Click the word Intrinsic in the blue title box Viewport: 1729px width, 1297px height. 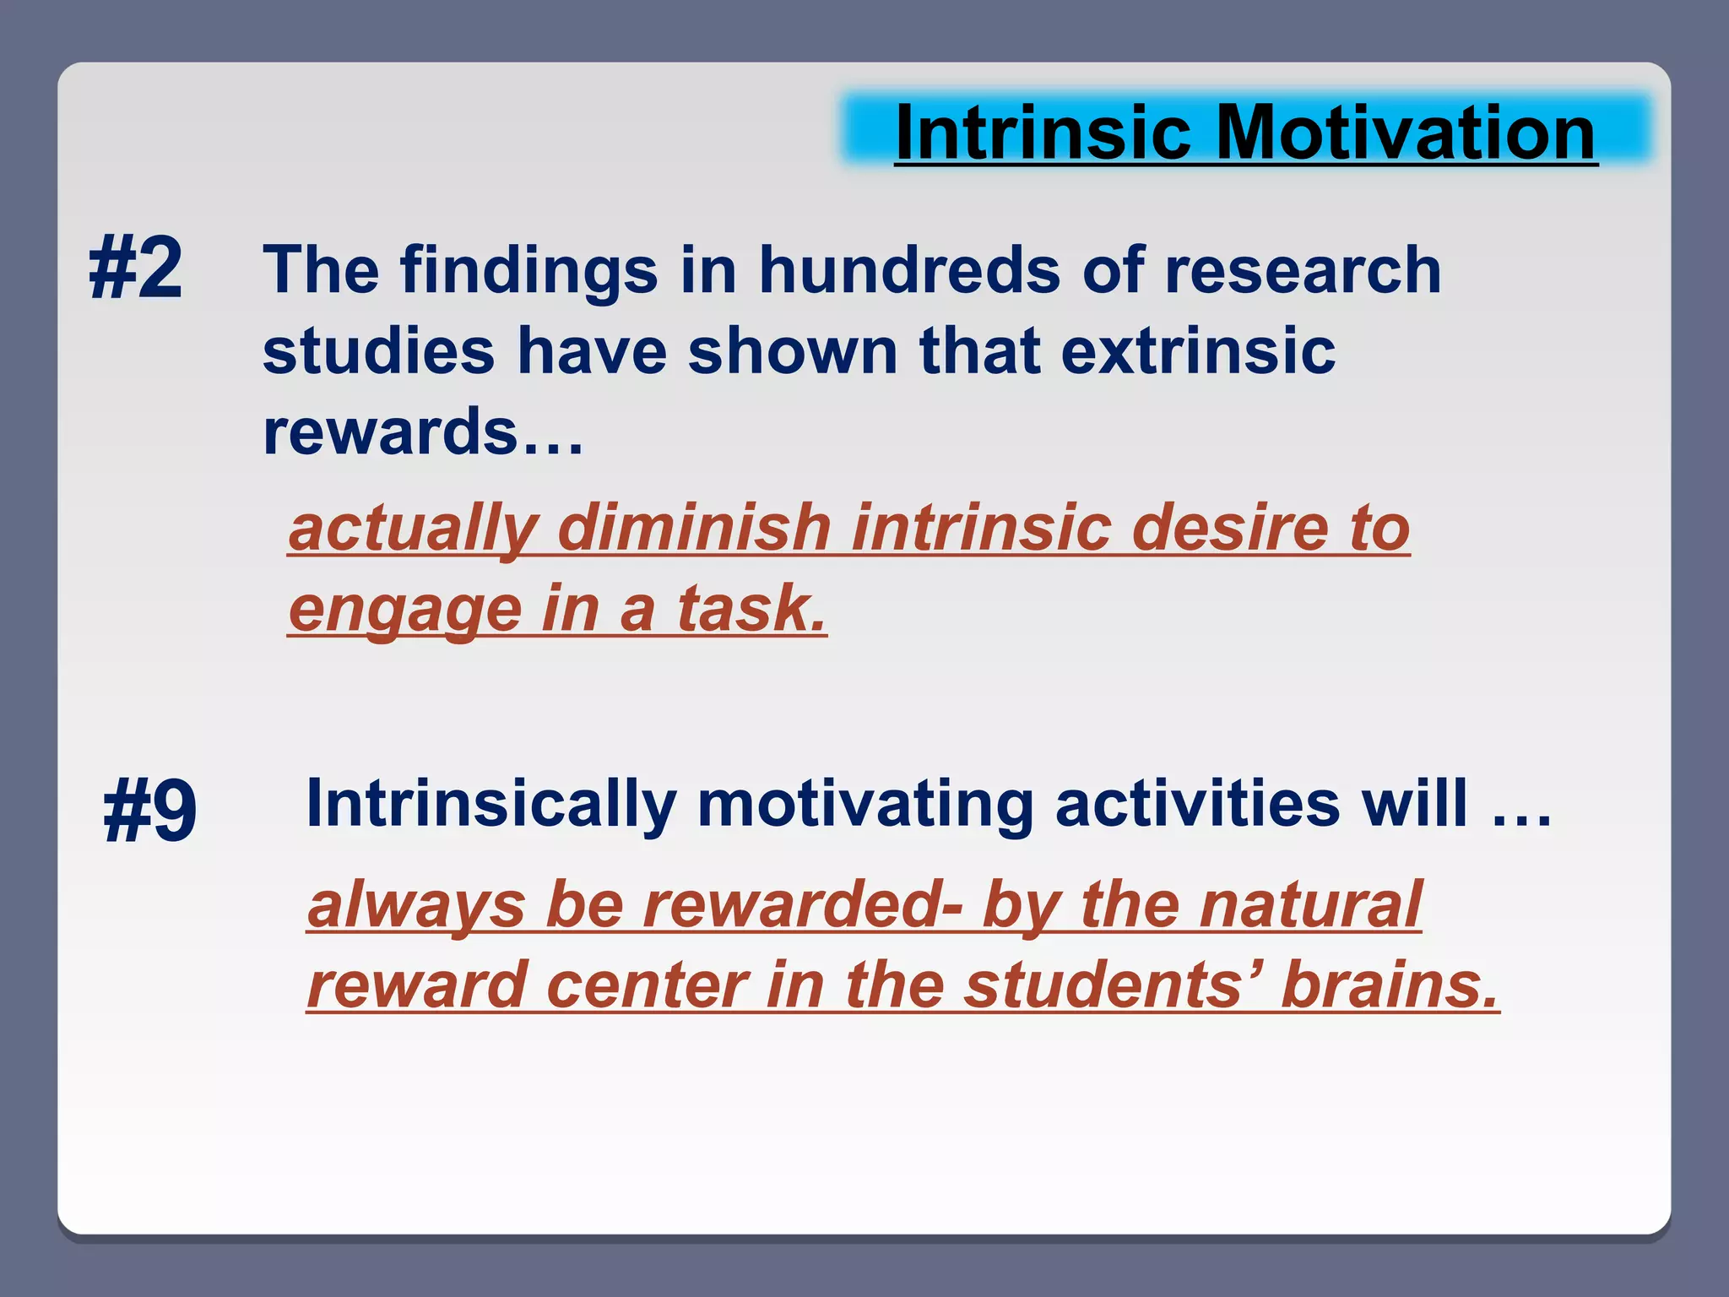tap(1043, 133)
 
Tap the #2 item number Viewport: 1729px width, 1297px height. tap(136, 269)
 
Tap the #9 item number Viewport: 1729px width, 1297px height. tap(150, 811)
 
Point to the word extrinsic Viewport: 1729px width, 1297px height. tap(1198, 350)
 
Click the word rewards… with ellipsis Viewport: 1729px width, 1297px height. tap(422, 431)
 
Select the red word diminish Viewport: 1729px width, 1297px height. tap(695, 528)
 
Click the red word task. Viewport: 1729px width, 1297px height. tap(751, 608)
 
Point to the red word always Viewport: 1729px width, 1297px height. tap(416, 905)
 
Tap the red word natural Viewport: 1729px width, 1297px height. tap(1311, 905)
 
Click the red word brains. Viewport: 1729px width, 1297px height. tap(1390, 985)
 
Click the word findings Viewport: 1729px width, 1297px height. tap(528, 272)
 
